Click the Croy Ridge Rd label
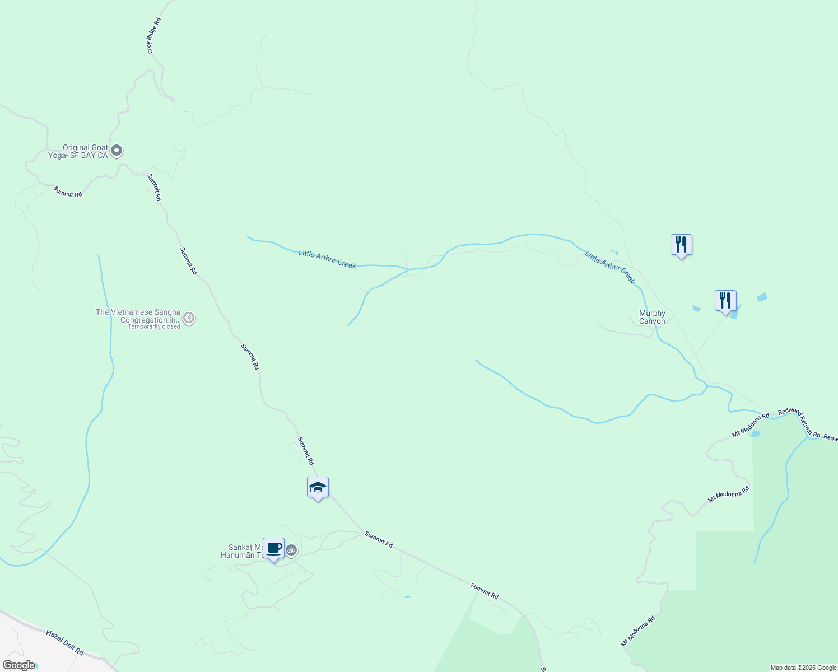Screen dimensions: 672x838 click(x=154, y=36)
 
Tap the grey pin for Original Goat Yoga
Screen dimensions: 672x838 click(x=117, y=151)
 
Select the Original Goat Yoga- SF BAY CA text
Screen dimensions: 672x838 click(x=78, y=152)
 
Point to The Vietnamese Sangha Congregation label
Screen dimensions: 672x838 click(x=138, y=316)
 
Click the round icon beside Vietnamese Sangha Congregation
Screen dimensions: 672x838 click(x=189, y=319)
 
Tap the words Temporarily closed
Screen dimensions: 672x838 click(x=154, y=326)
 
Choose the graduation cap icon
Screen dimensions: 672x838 click(x=318, y=488)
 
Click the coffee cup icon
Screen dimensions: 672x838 click(x=273, y=549)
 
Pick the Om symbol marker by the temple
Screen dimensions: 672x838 click(x=291, y=550)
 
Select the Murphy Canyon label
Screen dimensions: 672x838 click(x=652, y=318)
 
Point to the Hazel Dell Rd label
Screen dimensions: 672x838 click(x=65, y=643)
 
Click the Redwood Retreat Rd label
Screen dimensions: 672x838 click(x=799, y=422)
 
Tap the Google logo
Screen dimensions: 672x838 click(x=18, y=665)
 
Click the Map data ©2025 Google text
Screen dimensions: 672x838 click(x=803, y=668)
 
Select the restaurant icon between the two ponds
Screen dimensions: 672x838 click(x=725, y=301)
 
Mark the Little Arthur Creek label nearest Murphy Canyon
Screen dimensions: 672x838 click(x=609, y=268)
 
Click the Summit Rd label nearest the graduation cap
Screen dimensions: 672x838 click(x=305, y=451)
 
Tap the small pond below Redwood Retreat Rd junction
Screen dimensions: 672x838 click(x=755, y=434)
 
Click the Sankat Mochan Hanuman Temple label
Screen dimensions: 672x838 click(x=245, y=551)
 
